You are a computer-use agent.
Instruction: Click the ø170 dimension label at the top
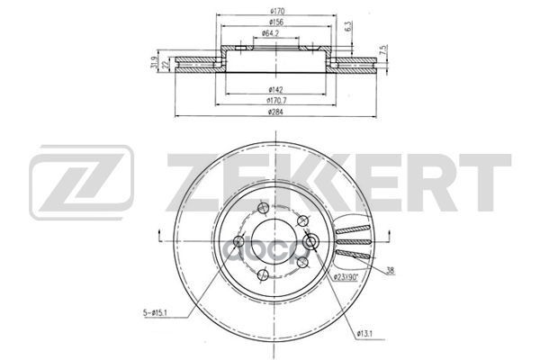pyautogui.click(x=271, y=11)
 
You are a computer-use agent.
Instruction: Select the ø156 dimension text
pyautogui.click(x=271, y=23)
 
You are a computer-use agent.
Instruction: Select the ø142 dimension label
pyautogui.click(x=271, y=88)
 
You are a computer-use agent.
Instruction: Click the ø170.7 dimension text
pyautogui.click(x=271, y=101)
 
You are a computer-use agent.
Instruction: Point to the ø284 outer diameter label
pyautogui.click(x=271, y=112)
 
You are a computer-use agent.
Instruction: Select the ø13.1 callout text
pyautogui.click(x=364, y=335)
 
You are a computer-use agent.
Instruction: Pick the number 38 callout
pyautogui.click(x=391, y=271)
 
